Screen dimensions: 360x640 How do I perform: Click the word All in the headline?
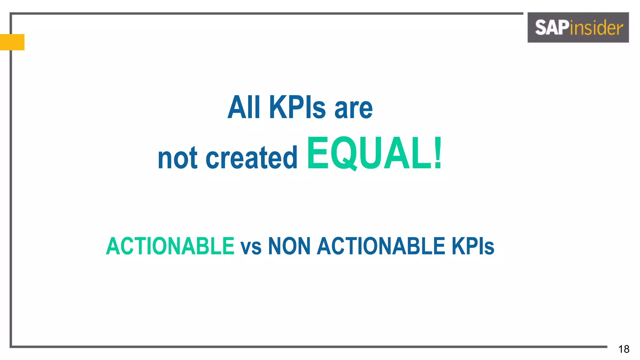click(244, 107)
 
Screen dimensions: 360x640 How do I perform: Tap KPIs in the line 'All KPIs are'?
click(297, 107)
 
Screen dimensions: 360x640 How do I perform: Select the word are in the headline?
click(353, 109)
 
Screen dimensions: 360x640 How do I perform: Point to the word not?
click(177, 158)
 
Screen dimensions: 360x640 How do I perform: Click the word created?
click(252, 158)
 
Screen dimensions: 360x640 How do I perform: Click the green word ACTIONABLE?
click(170, 246)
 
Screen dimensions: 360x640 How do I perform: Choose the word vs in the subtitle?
click(251, 247)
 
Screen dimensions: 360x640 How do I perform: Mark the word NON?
click(289, 246)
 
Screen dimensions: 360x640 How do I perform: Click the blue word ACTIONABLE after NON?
click(381, 246)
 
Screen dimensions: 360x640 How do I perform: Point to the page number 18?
click(624, 349)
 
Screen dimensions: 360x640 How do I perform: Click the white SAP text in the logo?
click(552, 27)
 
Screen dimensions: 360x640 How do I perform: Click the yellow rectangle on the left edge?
click(12, 42)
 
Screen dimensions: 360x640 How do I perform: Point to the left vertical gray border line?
click(11, 194)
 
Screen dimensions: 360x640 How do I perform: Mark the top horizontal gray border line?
click(266, 13)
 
